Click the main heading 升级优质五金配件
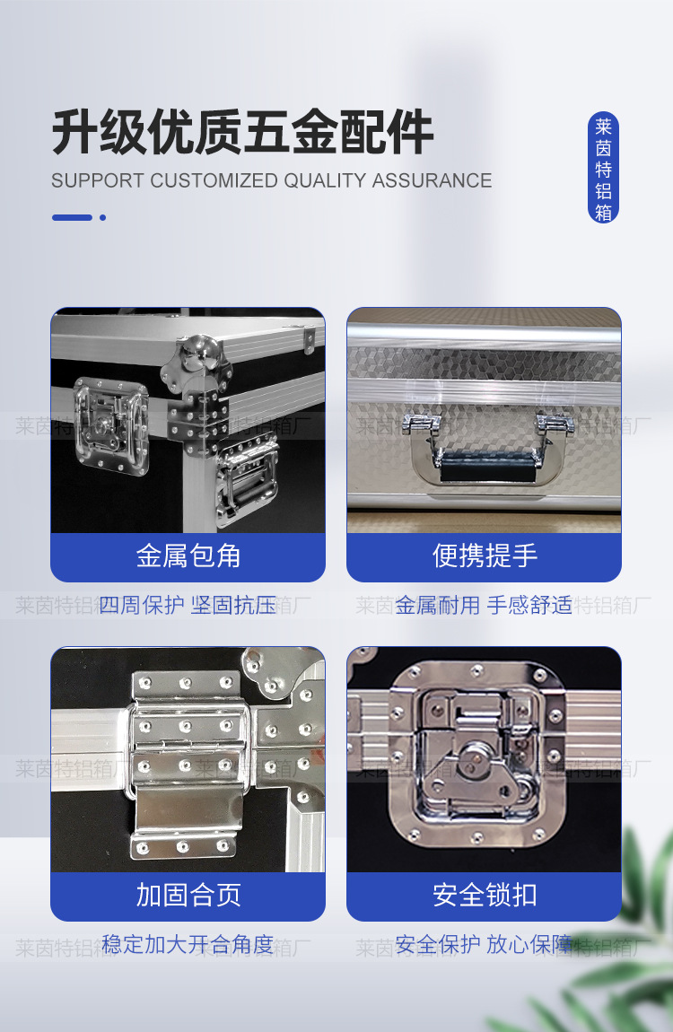242,133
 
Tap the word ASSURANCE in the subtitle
432,180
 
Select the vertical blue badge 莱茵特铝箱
604,168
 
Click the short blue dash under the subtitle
72,217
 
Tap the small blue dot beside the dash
103,217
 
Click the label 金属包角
188,556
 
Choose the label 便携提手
485,556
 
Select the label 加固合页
188,895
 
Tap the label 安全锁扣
485,895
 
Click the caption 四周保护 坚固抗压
188,606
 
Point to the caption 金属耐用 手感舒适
484,606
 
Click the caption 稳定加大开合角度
188,944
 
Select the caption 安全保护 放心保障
484,944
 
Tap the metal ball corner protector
203,354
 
